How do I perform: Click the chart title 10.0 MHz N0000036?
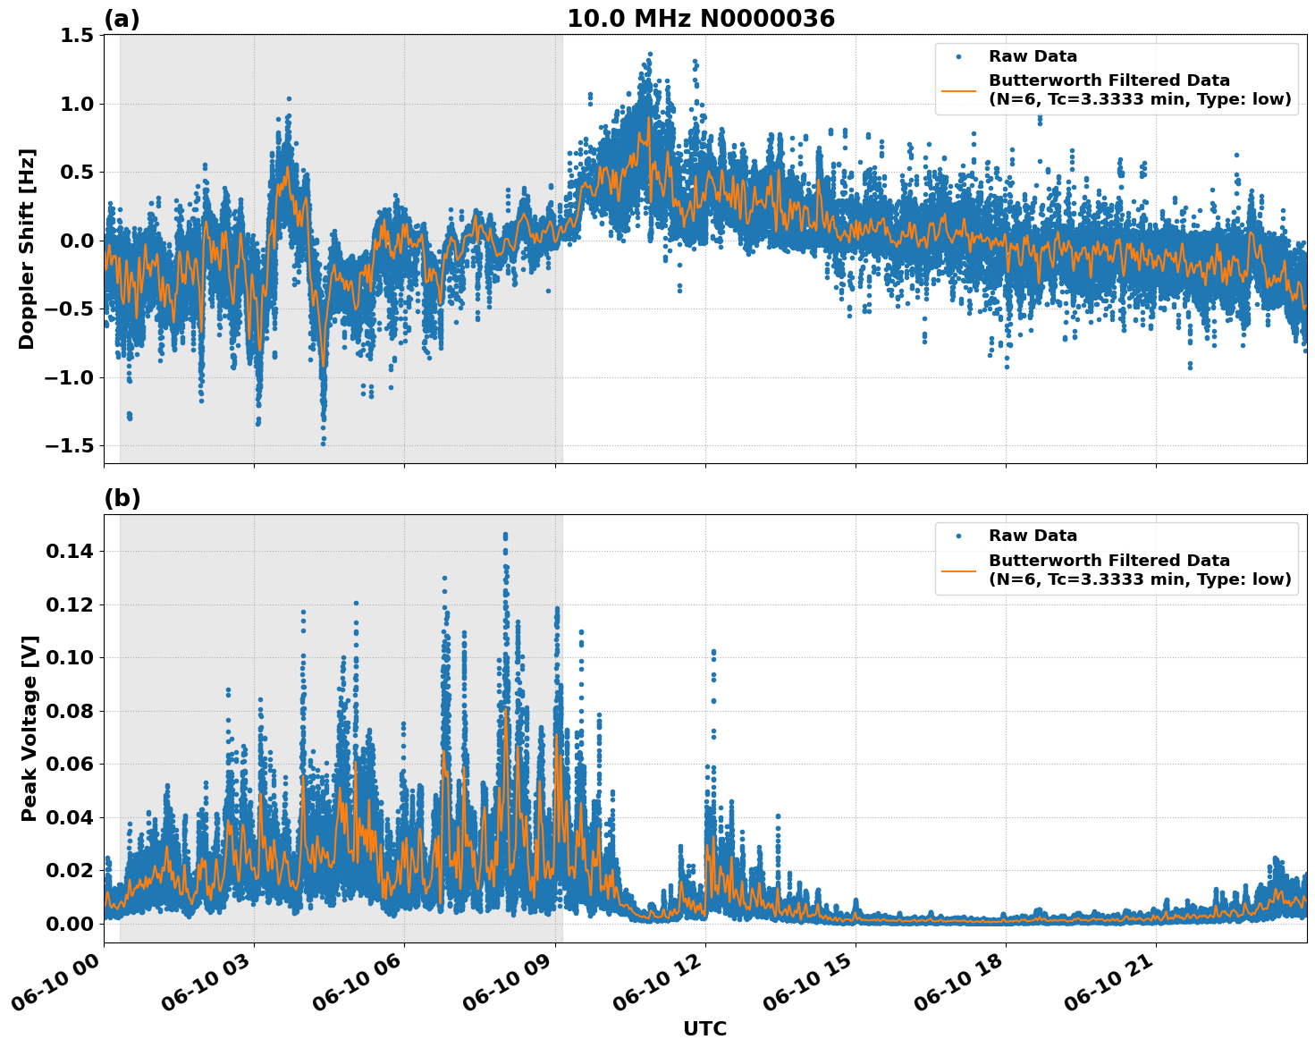pos(700,19)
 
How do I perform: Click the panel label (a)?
pos(122,19)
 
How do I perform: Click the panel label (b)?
pos(122,498)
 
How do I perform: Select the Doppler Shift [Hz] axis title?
pos(27,249)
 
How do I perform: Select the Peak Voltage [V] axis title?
pos(30,728)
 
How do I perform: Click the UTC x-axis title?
pos(704,1028)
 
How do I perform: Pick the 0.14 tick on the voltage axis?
pos(70,552)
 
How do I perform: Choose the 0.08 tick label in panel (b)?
pos(70,712)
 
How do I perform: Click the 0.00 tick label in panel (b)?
pos(70,924)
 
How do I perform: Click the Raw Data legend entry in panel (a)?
pos(1033,56)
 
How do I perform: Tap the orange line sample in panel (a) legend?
pos(958,89)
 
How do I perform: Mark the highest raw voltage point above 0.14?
pos(505,535)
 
